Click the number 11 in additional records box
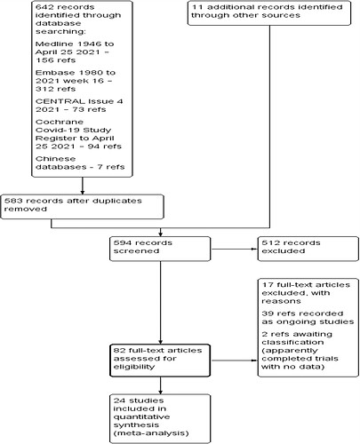tap(197, 7)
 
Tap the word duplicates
tap(117, 201)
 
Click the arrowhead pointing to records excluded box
tap(255, 249)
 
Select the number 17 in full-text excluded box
tap(268, 285)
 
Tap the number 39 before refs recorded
tap(268, 313)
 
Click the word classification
tap(292, 342)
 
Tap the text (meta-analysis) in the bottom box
tap(151, 433)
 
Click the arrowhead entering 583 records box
tap(83, 193)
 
